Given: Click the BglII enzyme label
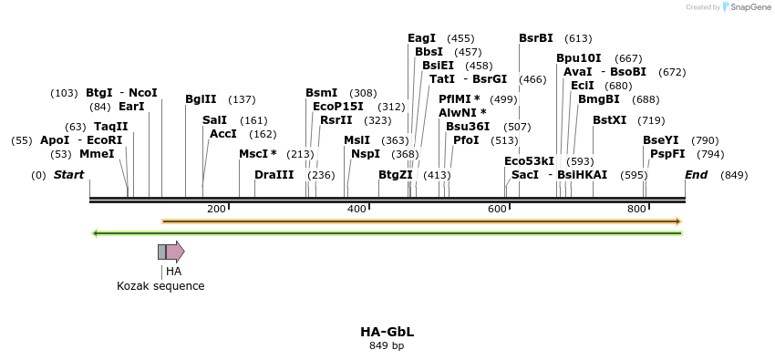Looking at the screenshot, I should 201,99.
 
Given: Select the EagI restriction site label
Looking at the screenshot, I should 421,38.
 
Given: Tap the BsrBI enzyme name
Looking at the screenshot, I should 535,38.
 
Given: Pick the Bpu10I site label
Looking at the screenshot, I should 578,58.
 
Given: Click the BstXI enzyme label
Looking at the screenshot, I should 609,120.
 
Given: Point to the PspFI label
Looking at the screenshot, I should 667,154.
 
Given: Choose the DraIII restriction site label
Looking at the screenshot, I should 274,175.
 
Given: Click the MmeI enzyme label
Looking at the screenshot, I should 97,154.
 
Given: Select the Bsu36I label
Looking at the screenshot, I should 467,127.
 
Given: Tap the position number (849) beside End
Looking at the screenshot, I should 733,175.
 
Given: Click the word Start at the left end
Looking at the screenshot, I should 68,175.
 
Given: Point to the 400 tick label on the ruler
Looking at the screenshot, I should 356,210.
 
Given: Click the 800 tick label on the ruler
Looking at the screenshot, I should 636,210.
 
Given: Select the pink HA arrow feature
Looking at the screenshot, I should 175,252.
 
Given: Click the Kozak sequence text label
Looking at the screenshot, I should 160,286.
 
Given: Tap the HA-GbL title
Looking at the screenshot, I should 387,332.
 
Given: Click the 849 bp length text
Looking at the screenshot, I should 387,346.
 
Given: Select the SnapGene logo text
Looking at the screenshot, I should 749,7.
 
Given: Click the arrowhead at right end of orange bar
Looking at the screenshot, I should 677,221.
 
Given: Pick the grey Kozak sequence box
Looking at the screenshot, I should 161,252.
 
